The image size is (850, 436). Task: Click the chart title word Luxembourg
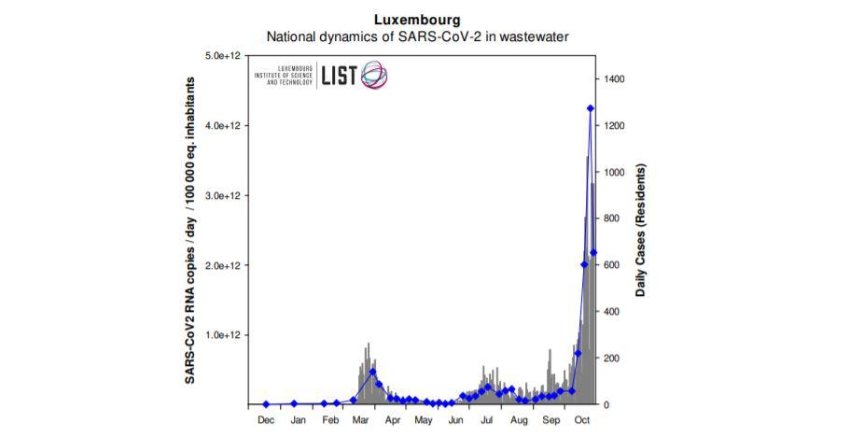point(417,19)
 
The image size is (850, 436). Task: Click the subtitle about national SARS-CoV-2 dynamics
point(417,37)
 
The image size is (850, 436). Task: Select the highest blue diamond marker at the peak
point(590,108)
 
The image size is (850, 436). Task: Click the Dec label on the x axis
point(266,420)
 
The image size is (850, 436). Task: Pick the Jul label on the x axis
point(487,420)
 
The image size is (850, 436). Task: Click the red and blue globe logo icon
point(374,75)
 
